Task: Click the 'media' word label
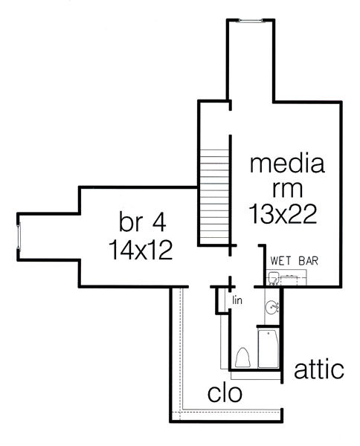coord(287,164)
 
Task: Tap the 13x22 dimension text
coord(283,214)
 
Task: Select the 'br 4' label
coord(142,222)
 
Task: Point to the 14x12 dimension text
coord(141,250)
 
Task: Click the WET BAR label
coord(295,261)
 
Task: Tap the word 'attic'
coord(319,369)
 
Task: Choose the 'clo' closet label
coord(225,393)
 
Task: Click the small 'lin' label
coord(237,300)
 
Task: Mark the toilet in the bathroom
coord(242,358)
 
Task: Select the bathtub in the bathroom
coord(268,349)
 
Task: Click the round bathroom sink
coord(271,307)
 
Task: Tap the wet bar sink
coord(273,277)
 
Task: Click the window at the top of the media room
coord(251,20)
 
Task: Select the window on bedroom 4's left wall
coord(19,236)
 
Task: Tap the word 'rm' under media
coord(287,190)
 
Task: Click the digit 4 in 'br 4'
coord(159,222)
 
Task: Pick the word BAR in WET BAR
coord(309,261)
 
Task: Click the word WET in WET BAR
coord(281,261)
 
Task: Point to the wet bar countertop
coord(286,277)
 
